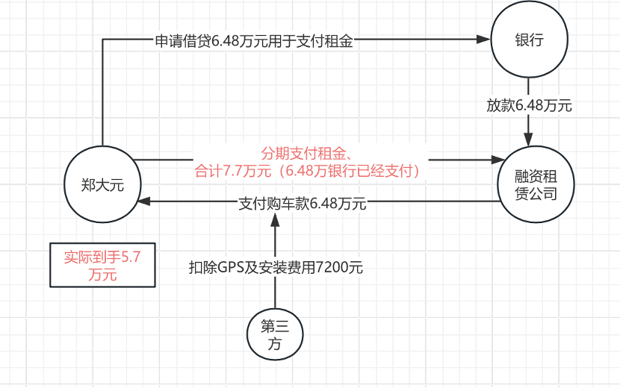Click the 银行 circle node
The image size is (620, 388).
tap(529, 41)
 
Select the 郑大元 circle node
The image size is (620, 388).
tap(102, 184)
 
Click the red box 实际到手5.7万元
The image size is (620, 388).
tap(102, 265)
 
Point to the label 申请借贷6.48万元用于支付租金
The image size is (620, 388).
tap(253, 42)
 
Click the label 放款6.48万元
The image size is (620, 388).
tap(529, 105)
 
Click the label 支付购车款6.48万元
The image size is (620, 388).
tap(302, 203)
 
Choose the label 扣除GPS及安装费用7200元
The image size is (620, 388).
tap(276, 267)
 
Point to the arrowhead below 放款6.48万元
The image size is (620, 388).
tap(529, 139)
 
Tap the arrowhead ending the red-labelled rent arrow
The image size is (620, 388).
tap(497, 159)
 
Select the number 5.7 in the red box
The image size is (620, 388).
tap(131, 257)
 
